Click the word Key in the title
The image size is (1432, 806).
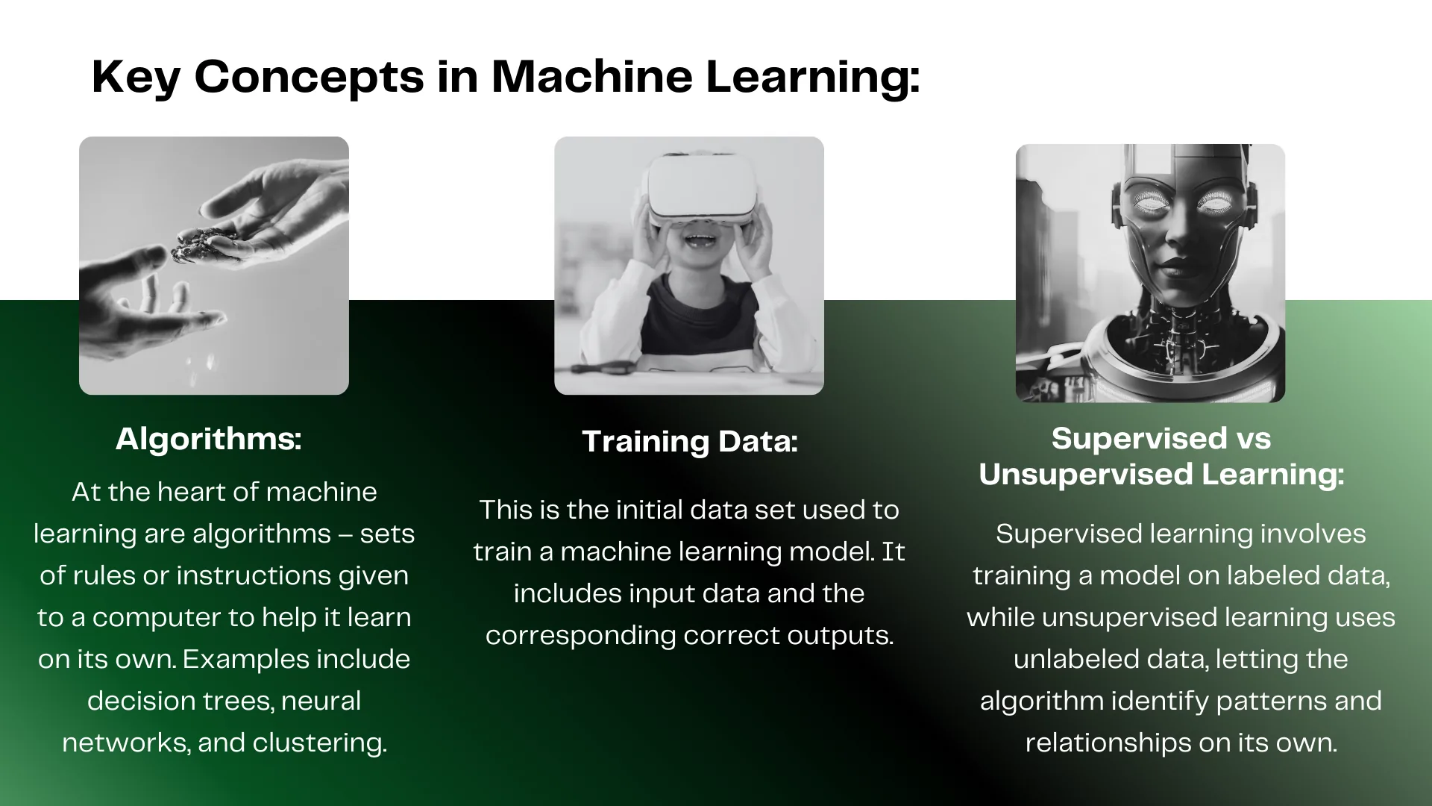[135, 78]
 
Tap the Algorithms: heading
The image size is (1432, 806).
[209, 439]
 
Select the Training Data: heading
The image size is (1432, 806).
[690, 441]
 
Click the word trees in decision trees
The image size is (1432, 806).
[238, 702]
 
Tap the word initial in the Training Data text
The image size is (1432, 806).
[649, 510]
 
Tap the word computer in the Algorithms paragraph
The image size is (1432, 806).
[174, 618]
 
